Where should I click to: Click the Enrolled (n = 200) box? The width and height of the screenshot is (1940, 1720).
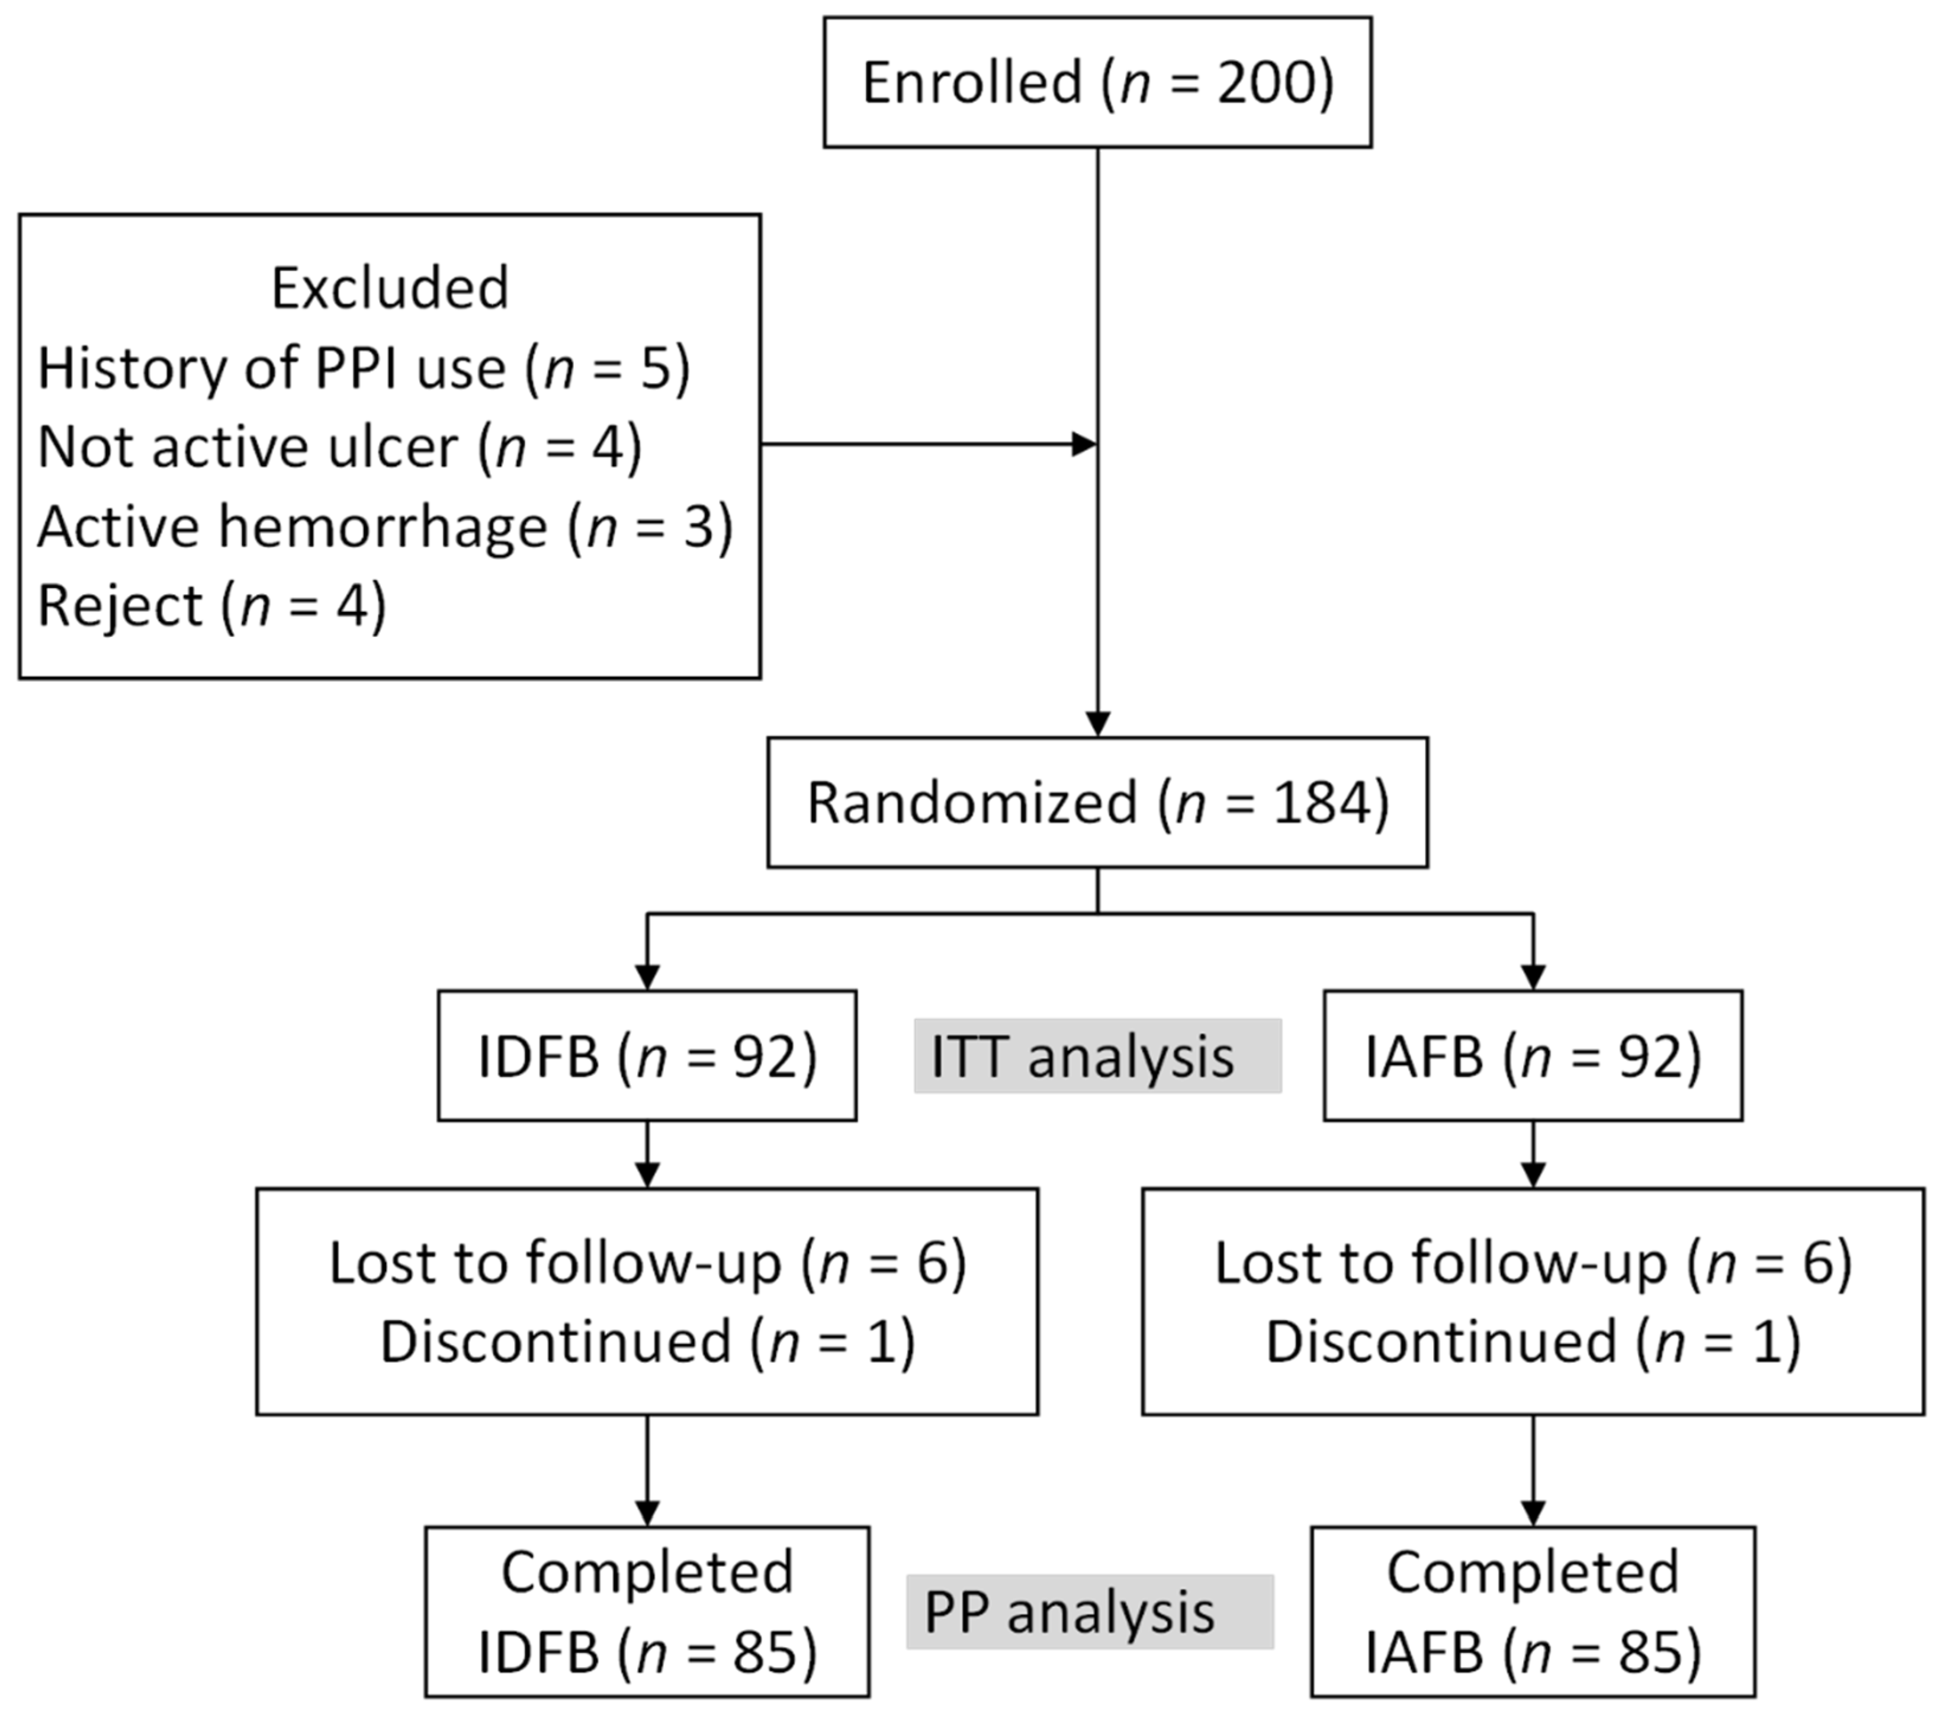[x=1097, y=82]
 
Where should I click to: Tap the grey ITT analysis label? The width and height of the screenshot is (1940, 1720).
[x=1097, y=1055]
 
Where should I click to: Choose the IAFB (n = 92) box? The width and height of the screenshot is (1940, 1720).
[x=1533, y=1055]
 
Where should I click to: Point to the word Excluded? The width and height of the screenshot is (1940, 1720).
[x=390, y=288]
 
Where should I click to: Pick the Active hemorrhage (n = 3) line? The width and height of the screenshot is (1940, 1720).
[x=384, y=526]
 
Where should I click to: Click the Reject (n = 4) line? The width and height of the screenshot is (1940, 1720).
[x=211, y=605]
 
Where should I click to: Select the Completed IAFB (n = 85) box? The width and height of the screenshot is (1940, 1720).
[x=1533, y=1612]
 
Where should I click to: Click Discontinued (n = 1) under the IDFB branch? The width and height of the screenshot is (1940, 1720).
[x=647, y=1342]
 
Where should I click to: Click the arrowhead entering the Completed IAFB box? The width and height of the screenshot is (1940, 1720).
[x=1533, y=1512]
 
